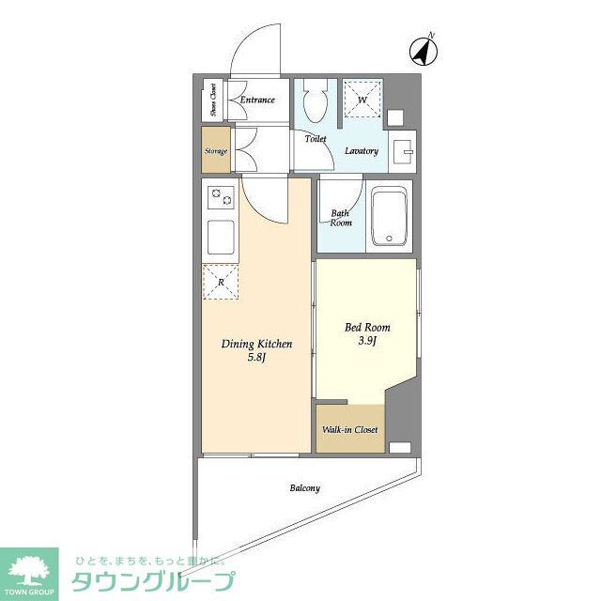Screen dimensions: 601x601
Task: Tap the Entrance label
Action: click(257, 100)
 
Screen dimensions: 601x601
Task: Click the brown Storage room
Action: click(216, 150)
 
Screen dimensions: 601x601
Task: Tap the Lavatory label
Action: click(361, 151)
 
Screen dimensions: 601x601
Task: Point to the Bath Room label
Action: click(341, 218)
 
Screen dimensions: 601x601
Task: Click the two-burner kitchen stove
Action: click(222, 198)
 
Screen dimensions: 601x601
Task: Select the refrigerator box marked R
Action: click(221, 281)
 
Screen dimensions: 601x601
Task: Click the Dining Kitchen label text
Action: click(256, 345)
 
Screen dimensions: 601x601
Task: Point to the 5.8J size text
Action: click(256, 358)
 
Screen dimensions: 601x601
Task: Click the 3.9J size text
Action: click(367, 341)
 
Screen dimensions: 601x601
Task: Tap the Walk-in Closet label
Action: click(350, 430)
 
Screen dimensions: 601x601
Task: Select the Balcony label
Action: click(304, 488)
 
